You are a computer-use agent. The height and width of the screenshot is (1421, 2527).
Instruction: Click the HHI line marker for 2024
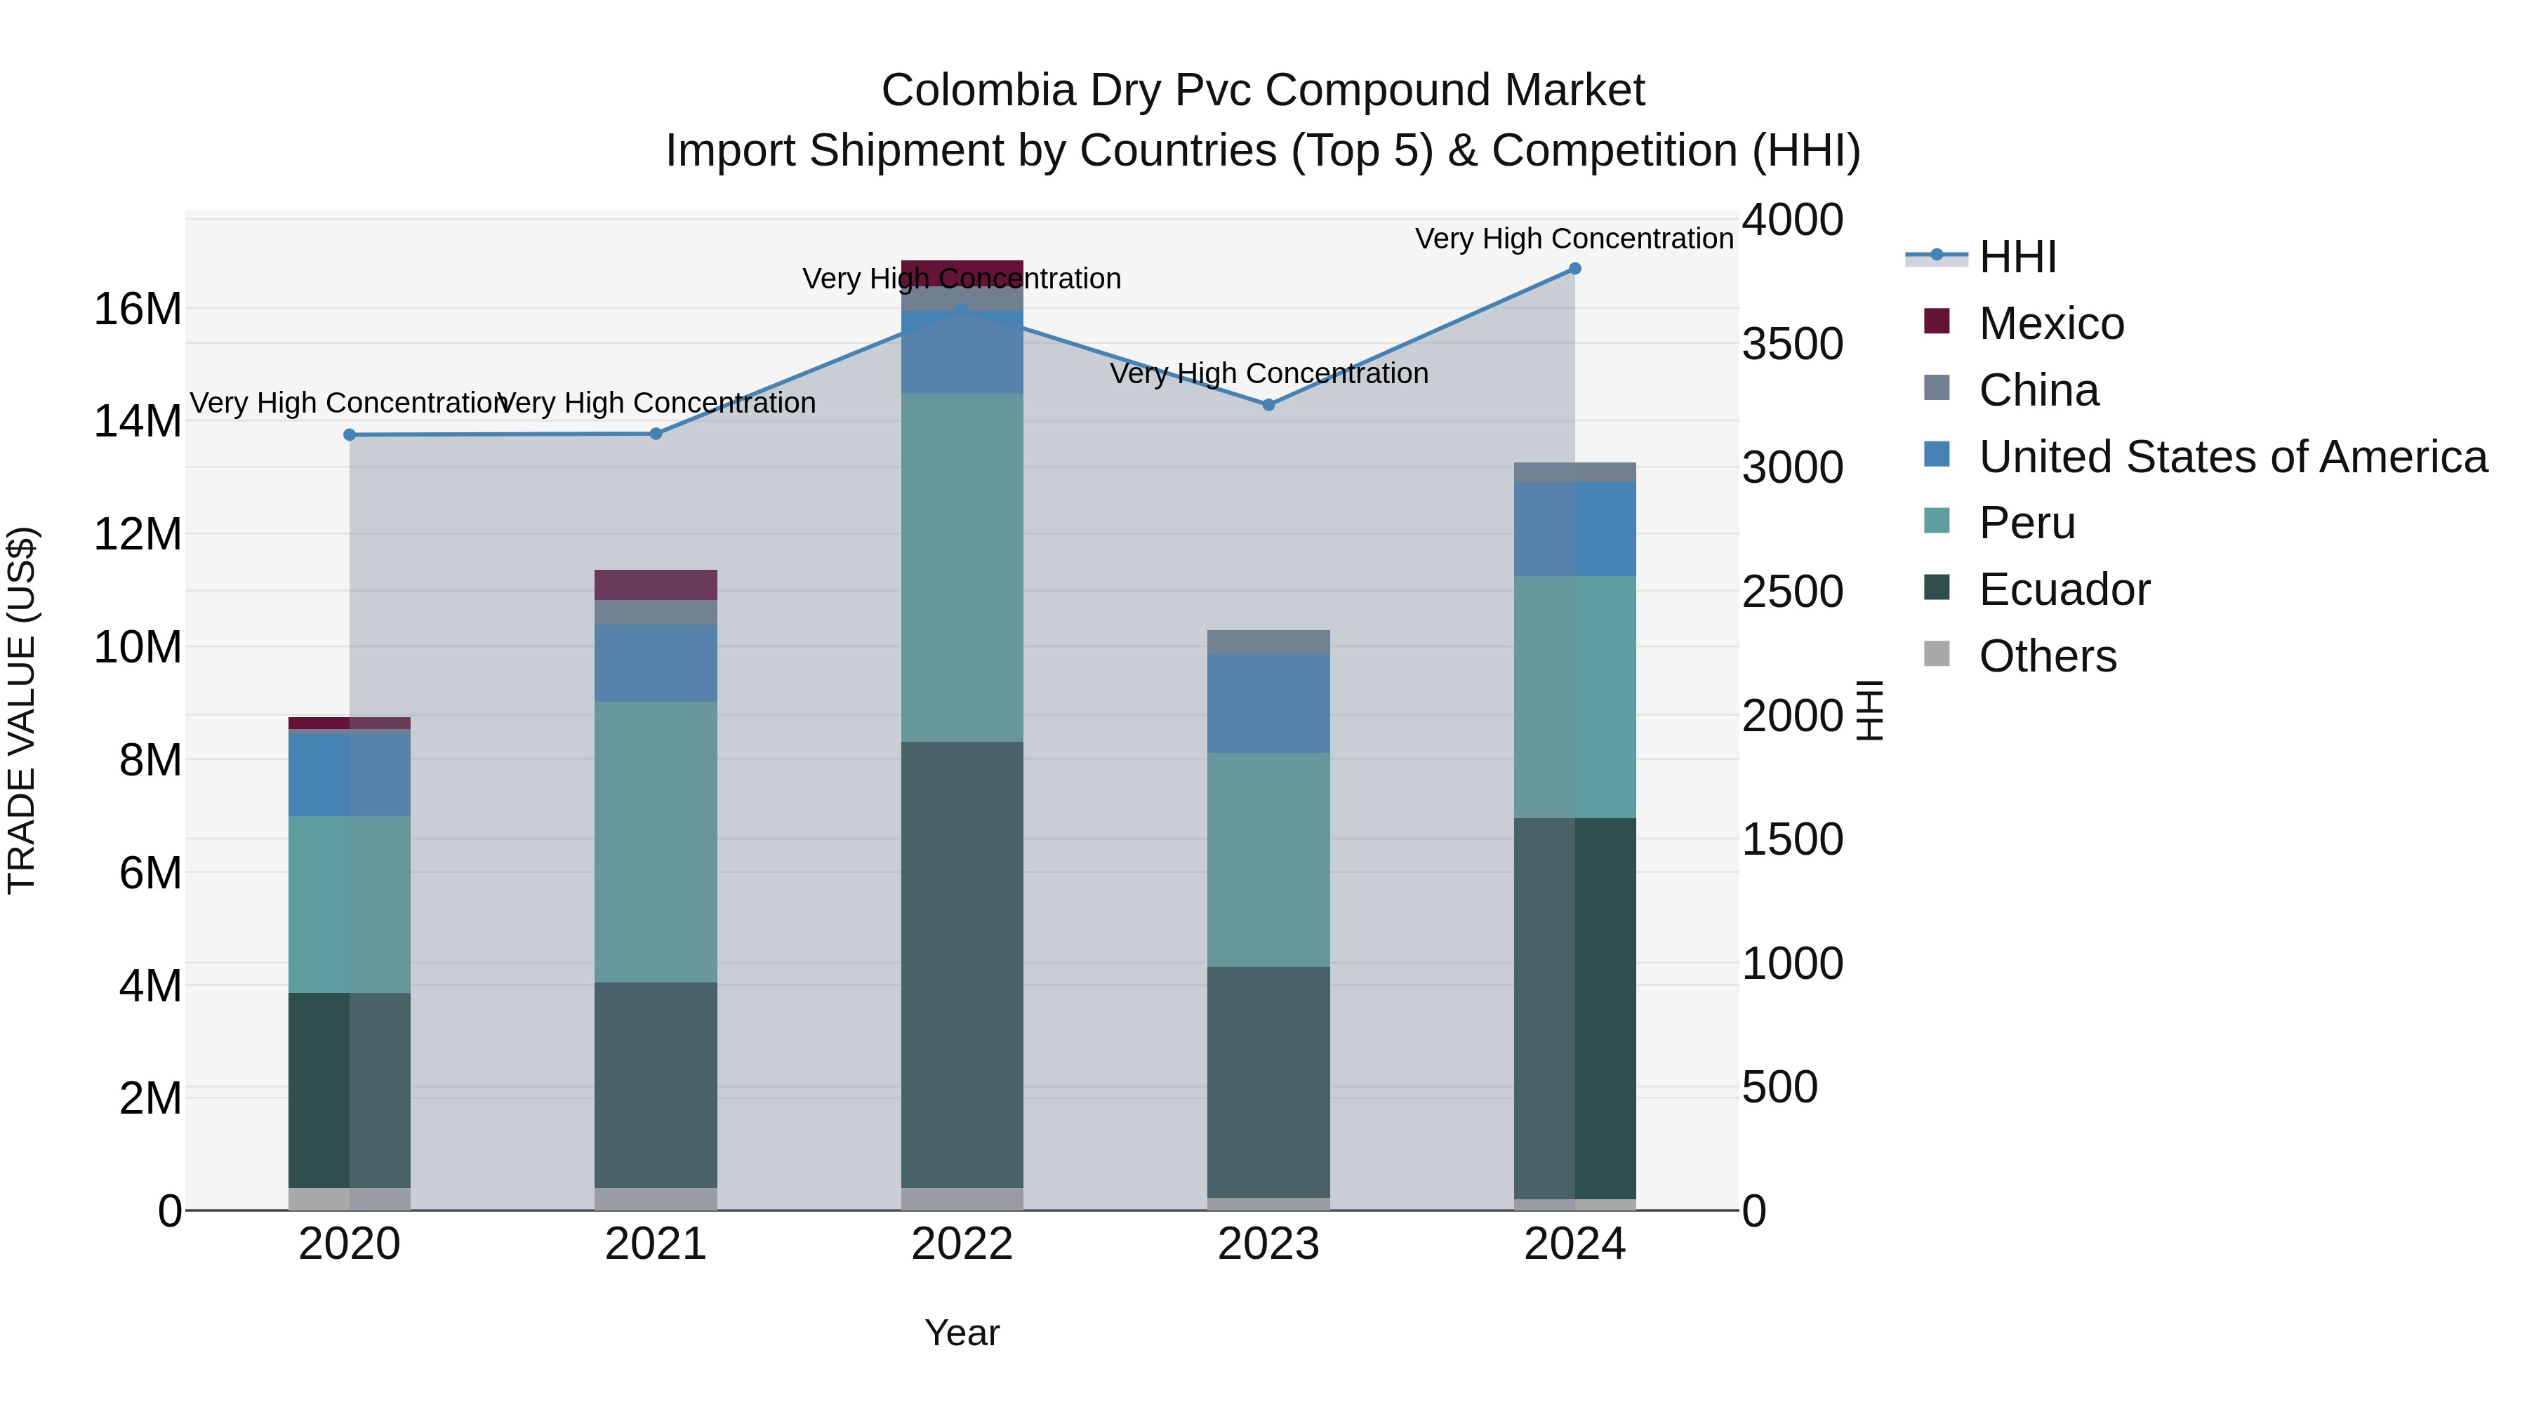coord(1574,268)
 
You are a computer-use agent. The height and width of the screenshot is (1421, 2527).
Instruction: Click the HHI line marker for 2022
coord(962,309)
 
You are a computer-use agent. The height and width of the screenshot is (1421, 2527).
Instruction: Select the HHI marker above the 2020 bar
coord(350,434)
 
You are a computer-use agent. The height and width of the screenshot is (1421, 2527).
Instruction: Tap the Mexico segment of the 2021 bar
coord(656,585)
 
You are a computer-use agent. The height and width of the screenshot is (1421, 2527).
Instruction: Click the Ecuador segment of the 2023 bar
coord(1268,1081)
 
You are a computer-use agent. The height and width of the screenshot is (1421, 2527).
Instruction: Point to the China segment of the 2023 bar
coord(1268,641)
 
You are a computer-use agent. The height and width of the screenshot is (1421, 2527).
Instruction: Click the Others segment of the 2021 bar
coord(656,1199)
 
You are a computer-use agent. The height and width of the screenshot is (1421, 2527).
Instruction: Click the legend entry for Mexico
coord(2050,323)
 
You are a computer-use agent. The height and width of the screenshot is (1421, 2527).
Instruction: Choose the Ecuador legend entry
coord(2063,589)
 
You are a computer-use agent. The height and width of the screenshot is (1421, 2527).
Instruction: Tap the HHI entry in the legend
coord(2017,257)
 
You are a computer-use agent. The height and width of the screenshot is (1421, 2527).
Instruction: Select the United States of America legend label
coord(2231,457)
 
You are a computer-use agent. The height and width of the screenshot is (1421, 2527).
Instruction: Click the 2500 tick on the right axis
coord(1791,592)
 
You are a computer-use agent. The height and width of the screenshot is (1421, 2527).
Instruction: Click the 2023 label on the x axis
coord(1268,1244)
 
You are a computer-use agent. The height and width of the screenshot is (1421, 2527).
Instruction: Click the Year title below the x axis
coord(962,1333)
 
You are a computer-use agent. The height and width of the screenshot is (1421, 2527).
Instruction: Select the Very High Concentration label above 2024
coord(1574,239)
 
